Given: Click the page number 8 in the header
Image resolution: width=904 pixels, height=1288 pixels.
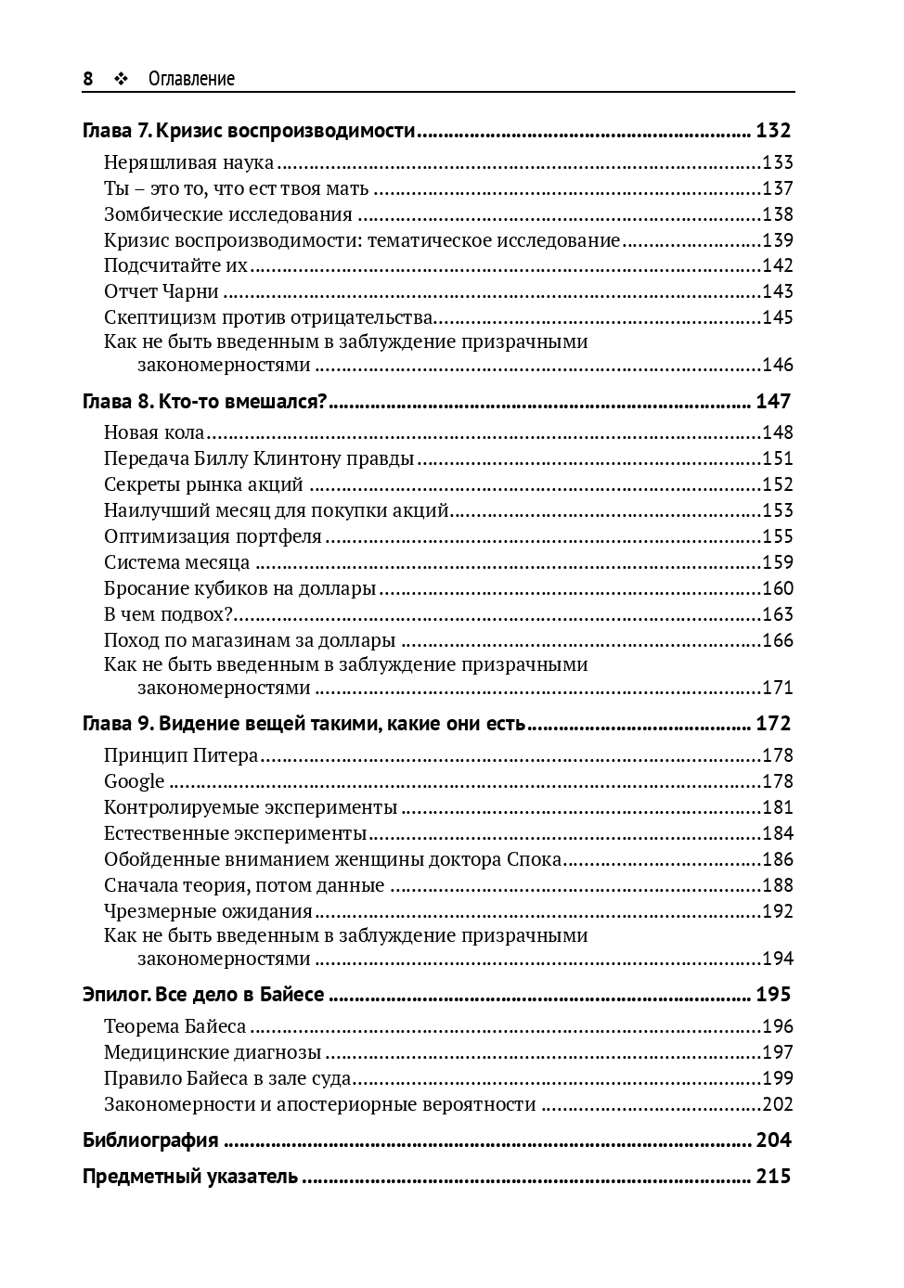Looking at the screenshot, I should [x=88, y=79].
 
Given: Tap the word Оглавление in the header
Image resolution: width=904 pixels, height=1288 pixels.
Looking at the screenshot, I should [x=191, y=79].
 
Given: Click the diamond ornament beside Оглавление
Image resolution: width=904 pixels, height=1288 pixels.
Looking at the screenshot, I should [x=120, y=79].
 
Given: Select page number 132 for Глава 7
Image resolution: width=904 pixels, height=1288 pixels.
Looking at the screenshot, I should [x=773, y=131].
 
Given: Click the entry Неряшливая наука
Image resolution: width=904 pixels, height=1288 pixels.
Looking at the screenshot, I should [x=189, y=162].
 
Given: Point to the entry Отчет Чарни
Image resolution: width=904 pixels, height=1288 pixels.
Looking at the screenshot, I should [x=161, y=291].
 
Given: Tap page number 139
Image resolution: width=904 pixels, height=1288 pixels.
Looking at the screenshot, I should [x=778, y=240].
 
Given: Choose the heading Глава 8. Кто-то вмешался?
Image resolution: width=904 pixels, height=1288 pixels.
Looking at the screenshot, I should [x=205, y=401].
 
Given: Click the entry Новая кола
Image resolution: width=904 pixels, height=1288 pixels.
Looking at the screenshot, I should [x=154, y=432].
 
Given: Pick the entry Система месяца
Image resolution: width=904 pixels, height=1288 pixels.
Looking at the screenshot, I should [x=176, y=562].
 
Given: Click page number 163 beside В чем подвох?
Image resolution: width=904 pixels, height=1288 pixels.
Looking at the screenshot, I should [x=778, y=614].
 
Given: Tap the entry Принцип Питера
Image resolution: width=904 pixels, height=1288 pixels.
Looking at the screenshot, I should [x=181, y=755].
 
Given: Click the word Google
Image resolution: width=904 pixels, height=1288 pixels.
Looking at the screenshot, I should [x=134, y=781].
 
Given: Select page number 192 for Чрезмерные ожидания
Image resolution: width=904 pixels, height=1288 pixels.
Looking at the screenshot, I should [x=778, y=911].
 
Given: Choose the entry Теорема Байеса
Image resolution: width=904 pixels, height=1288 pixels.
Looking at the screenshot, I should [x=175, y=1026].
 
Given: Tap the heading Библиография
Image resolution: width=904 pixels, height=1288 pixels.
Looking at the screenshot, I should [x=150, y=1140].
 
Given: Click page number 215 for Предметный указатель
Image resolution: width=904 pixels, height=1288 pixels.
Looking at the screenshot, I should [x=773, y=1177].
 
